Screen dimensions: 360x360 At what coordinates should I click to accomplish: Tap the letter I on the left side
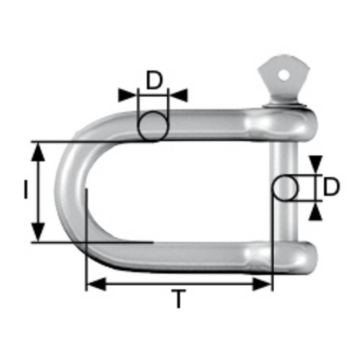[26, 190]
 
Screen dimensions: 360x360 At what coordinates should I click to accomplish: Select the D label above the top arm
[154, 81]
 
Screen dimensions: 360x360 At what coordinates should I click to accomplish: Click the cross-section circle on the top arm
[153, 126]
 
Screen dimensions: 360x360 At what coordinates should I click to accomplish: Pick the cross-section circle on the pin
[285, 188]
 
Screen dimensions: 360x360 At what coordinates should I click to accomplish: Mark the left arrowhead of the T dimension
[96, 284]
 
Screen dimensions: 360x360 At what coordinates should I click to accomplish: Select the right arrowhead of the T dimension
[262, 284]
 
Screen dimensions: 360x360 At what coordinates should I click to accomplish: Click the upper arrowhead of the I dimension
[38, 151]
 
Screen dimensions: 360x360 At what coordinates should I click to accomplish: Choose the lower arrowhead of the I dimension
[38, 232]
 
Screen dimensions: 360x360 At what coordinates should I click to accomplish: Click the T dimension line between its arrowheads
[179, 284]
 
